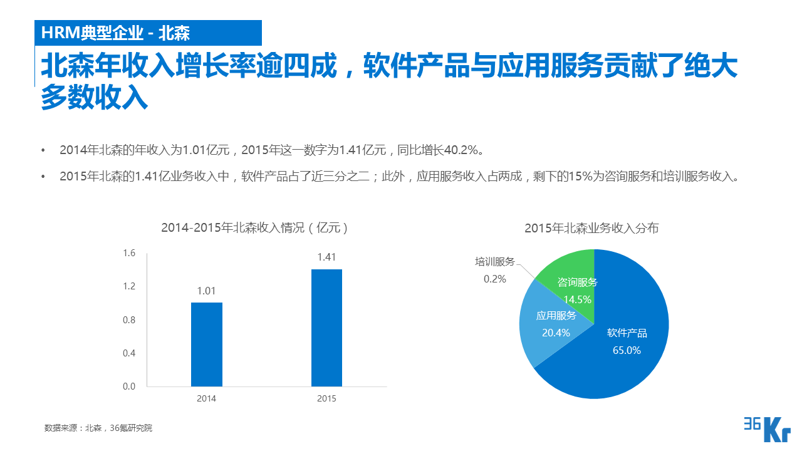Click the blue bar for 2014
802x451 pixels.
(207, 345)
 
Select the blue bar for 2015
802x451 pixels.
(326, 328)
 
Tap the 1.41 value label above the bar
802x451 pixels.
(326, 257)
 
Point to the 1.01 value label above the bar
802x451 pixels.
(206, 291)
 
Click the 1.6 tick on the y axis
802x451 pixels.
(129, 253)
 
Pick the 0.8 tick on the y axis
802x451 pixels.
(129, 320)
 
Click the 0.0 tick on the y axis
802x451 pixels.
(129, 386)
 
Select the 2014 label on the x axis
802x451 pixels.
(206, 399)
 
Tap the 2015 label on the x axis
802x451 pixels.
(326, 399)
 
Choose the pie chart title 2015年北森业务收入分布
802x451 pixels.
(591, 229)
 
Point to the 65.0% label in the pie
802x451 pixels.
(627, 351)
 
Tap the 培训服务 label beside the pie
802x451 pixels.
(494, 262)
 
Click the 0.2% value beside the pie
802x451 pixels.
(494, 279)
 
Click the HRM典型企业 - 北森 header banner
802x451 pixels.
(147, 33)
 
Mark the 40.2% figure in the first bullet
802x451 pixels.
(462, 150)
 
